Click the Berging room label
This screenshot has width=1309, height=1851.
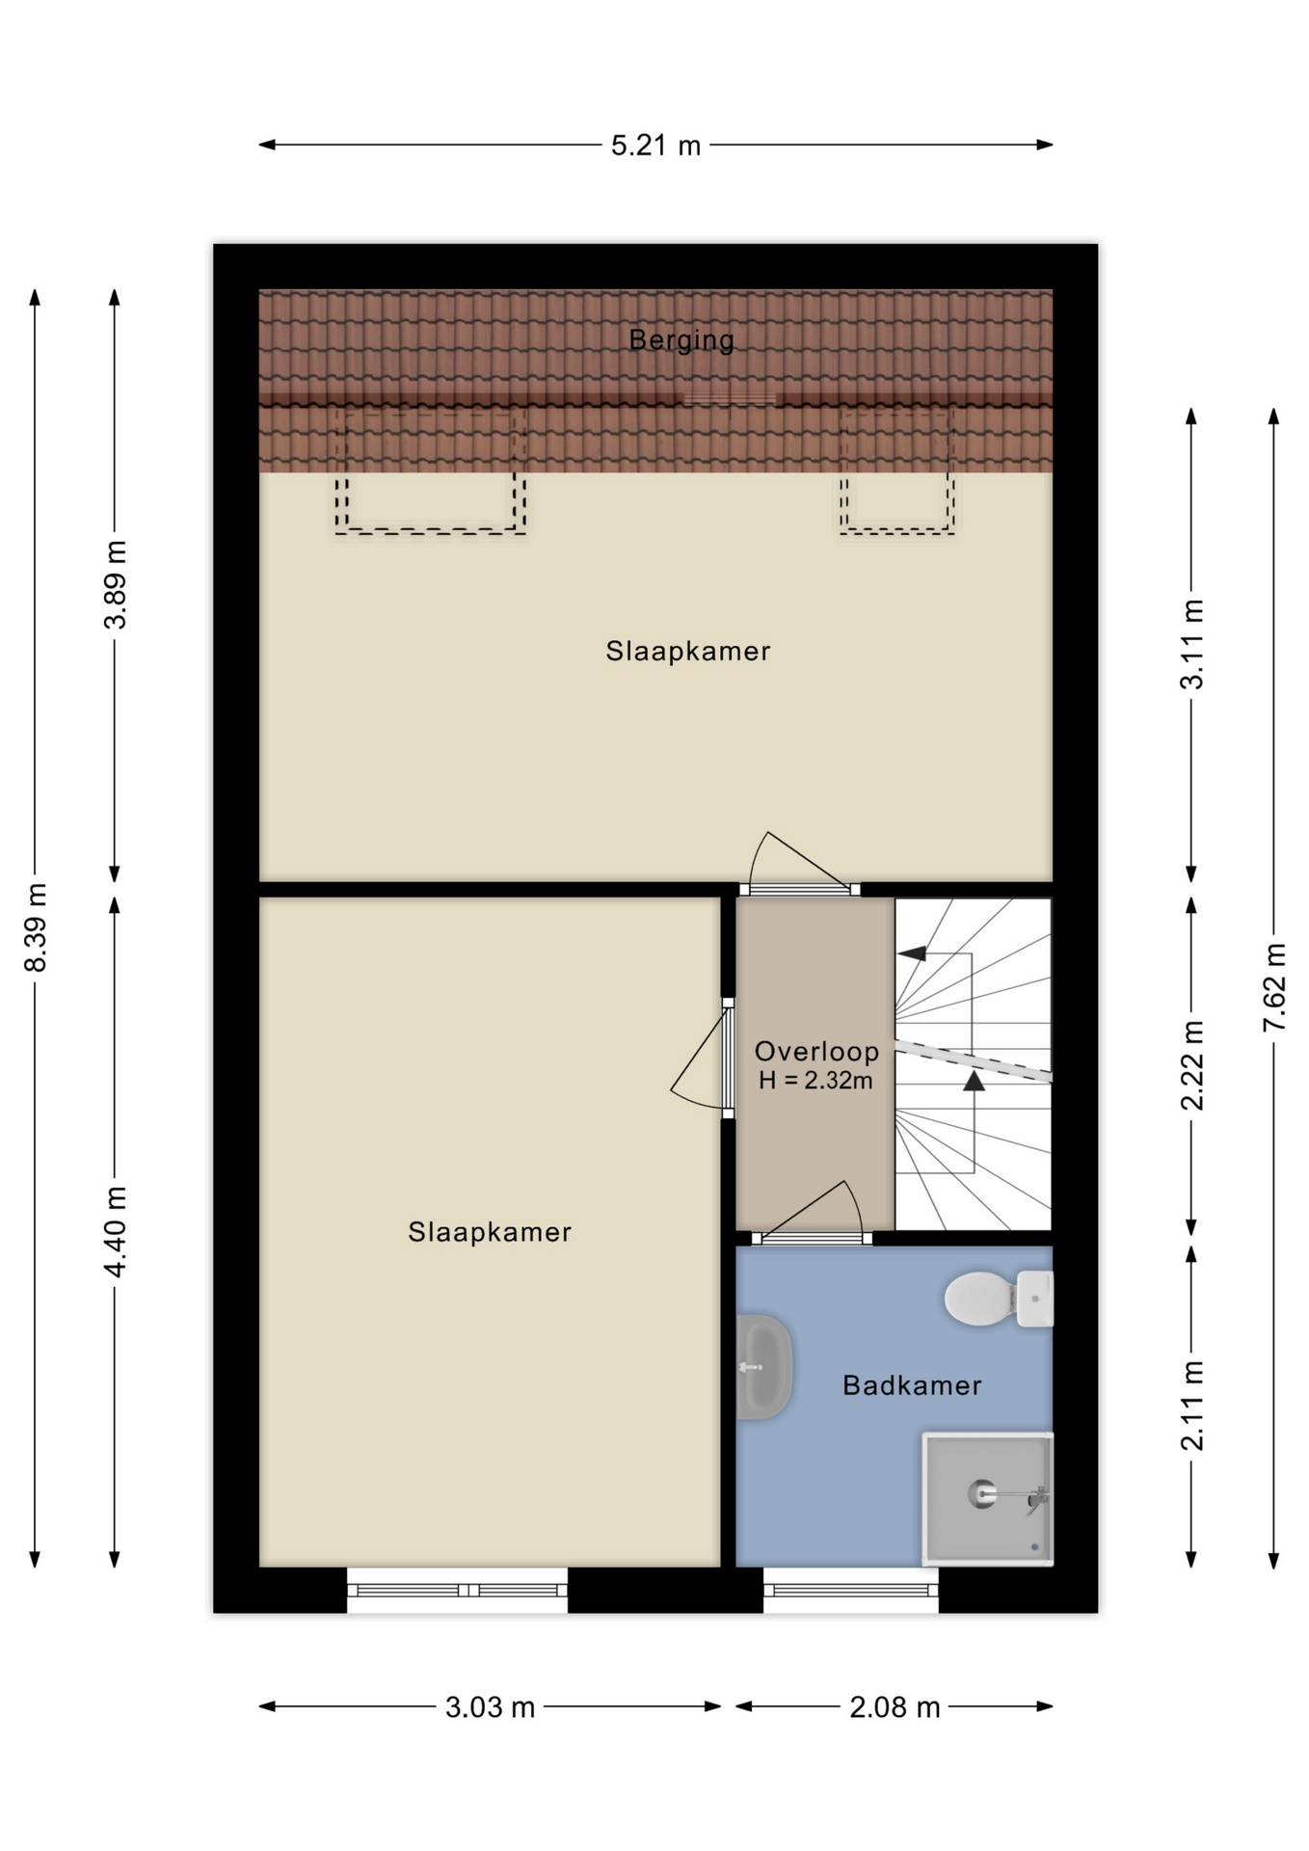click(x=681, y=340)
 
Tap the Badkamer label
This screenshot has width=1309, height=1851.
click(x=912, y=1385)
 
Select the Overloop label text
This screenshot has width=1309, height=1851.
click(x=816, y=1051)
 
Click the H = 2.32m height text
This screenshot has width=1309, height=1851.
click(x=815, y=1081)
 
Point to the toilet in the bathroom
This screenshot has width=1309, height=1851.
click(x=999, y=1299)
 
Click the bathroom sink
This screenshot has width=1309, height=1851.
click(x=764, y=1367)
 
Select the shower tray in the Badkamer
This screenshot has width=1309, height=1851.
click(x=987, y=1498)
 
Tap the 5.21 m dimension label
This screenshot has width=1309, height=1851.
click(x=655, y=146)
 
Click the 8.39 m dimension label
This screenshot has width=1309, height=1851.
click(x=36, y=927)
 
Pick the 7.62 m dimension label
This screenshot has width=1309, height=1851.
click(x=1274, y=987)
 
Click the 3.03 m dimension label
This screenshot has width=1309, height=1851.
click(x=490, y=1708)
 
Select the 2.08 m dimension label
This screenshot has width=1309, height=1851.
click(x=895, y=1708)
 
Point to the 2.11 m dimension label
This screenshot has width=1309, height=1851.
click(x=1192, y=1406)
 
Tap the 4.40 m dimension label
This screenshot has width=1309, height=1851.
click(x=116, y=1232)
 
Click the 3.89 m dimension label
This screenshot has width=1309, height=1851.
click(x=116, y=585)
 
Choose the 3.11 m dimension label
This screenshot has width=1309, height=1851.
click(x=1192, y=644)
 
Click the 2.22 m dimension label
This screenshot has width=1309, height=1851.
click(x=1192, y=1065)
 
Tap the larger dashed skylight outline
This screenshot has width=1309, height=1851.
click(x=430, y=530)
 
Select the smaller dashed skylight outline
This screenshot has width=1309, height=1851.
click(x=896, y=531)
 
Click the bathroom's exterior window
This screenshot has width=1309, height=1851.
click(x=851, y=1590)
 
